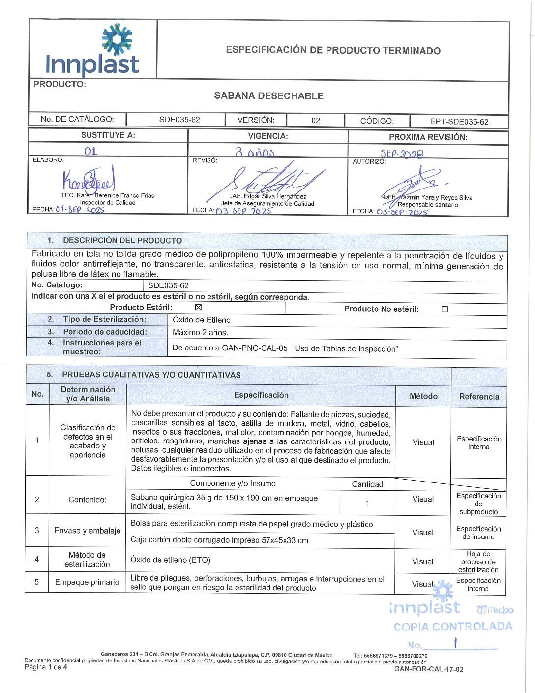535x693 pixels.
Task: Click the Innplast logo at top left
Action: (x=92, y=51)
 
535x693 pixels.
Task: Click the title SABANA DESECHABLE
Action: (x=268, y=96)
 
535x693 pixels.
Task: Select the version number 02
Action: (x=316, y=121)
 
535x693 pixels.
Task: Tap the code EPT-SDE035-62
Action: (x=459, y=122)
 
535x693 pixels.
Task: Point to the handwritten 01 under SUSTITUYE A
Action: (x=91, y=151)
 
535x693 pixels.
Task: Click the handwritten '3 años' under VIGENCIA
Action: (x=254, y=152)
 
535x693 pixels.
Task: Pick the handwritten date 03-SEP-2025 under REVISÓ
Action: (x=244, y=211)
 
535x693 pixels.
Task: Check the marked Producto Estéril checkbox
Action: (x=199, y=308)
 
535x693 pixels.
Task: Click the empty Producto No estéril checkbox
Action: (x=445, y=309)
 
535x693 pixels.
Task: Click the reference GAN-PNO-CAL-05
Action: (x=255, y=348)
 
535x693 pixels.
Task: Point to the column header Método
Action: (x=423, y=396)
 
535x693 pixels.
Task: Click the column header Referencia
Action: (x=479, y=397)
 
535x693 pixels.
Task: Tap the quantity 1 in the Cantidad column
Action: (x=367, y=503)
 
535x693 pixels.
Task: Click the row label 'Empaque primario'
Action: (x=87, y=582)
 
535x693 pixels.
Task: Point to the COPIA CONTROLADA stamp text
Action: (x=453, y=627)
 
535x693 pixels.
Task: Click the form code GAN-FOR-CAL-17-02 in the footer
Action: (x=429, y=669)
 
